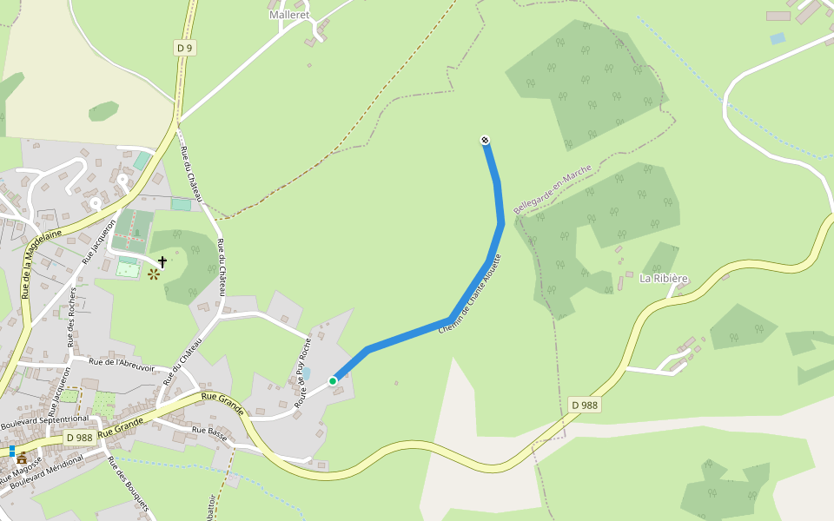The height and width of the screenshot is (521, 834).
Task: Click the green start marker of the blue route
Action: pyautogui.click(x=333, y=380)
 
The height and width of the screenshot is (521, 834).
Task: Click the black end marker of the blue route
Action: pyautogui.click(x=485, y=141)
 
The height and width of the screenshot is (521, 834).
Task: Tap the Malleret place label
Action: pyautogui.click(x=289, y=15)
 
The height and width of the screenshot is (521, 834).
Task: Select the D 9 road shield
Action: pyautogui.click(x=183, y=49)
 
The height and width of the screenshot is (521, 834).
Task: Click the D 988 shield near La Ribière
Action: pyautogui.click(x=585, y=405)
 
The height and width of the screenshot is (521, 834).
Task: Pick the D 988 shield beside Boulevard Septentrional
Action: pyautogui.click(x=79, y=438)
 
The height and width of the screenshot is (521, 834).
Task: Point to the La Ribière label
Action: pyautogui.click(x=664, y=279)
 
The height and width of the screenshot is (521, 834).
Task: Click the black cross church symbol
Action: pyautogui.click(x=162, y=260)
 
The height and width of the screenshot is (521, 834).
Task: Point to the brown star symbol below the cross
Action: pyautogui.click(x=154, y=274)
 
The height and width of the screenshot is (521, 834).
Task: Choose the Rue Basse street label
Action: pyautogui.click(x=209, y=431)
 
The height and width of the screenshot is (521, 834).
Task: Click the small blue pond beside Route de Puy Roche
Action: pyautogui.click(x=306, y=373)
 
